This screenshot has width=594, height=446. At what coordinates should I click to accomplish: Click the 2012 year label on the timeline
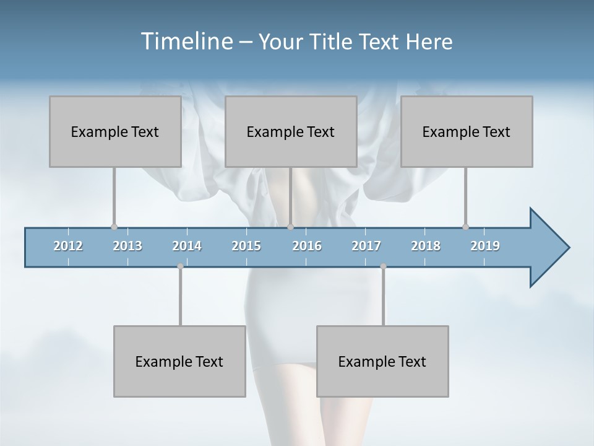point(68,246)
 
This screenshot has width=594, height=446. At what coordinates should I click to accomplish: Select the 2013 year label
point(127,246)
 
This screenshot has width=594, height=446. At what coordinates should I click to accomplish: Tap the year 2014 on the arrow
point(187,246)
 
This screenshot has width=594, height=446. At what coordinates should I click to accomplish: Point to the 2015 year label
point(246,246)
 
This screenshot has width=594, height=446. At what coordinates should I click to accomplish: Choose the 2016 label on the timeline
point(307,246)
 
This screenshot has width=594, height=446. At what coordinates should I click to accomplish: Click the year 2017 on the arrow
point(366,246)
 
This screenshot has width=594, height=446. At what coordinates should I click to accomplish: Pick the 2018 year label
point(426,246)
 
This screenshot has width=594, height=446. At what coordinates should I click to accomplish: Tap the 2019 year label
point(485,246)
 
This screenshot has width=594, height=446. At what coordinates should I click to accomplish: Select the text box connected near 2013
point(115,131)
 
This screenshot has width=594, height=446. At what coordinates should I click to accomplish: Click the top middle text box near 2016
point(291,131)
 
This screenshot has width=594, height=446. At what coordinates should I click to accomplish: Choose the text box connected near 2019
point(467,131)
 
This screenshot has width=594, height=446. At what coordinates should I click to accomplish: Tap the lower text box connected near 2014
point(179,361)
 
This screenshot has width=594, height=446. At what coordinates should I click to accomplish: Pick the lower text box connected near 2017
point(382,361)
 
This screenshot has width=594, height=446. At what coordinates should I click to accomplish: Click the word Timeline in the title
point(186,41)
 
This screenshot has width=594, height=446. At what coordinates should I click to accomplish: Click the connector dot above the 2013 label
point(114,227)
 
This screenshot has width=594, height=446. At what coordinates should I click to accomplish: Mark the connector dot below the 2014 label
point(180,266)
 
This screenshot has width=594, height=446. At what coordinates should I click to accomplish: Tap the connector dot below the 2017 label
point(383,266)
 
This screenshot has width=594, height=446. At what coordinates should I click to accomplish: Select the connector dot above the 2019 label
point(465,227)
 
